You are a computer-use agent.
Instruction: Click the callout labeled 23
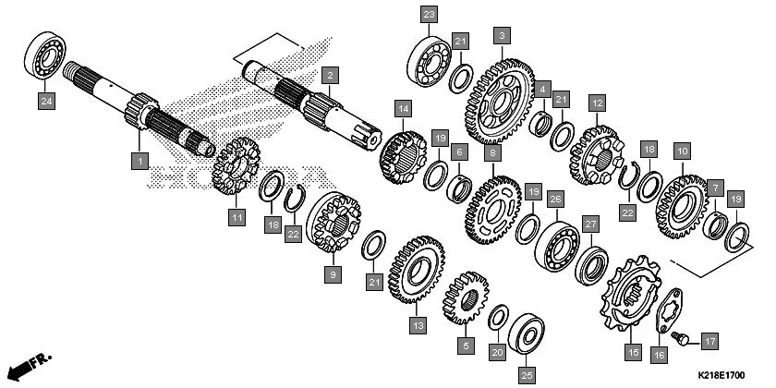[428, 15]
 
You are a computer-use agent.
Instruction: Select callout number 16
[658, 355]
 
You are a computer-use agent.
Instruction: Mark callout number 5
[466, 346]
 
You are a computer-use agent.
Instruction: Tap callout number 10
[682, 150]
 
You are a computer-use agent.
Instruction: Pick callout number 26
[554, 199]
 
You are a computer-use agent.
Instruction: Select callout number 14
[402, 108]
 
